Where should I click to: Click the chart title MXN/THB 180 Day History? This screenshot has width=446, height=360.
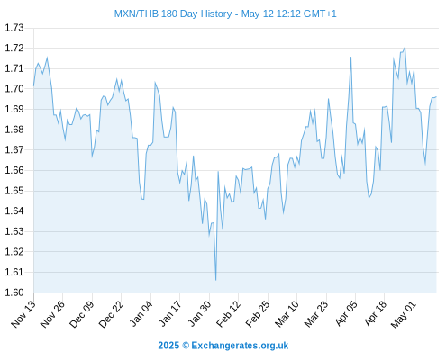[173, 13]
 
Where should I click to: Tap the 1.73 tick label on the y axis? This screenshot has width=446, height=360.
[14, 28]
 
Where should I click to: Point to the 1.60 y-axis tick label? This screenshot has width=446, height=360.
[14, 292]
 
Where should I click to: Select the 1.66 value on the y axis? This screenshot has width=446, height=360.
[14, 170]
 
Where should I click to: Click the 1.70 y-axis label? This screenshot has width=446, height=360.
[14, 89]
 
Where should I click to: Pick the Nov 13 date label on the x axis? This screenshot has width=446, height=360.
[23, 314]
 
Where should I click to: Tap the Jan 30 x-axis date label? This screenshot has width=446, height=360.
[200, 314]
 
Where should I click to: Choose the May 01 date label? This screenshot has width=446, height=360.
[404, 315]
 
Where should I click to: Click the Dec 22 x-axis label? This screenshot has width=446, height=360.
[111, 314]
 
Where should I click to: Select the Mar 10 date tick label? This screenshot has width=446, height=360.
[287, 314]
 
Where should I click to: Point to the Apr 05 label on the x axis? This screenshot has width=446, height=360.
[346, 314]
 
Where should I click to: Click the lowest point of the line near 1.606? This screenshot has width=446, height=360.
[216, 280]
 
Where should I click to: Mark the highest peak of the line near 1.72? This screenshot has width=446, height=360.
[405, 47]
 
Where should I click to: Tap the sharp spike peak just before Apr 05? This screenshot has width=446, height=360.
[350, 57]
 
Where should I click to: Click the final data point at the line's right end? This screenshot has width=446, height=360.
[436, 96]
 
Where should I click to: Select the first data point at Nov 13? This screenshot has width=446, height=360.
[33, 85]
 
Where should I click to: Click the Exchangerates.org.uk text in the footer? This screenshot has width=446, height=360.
[240, 346]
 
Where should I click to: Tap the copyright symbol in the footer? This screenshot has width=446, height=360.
[186, 346]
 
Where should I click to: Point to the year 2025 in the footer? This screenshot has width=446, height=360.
[168, 346]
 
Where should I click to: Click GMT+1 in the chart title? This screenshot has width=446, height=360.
[320, 13]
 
